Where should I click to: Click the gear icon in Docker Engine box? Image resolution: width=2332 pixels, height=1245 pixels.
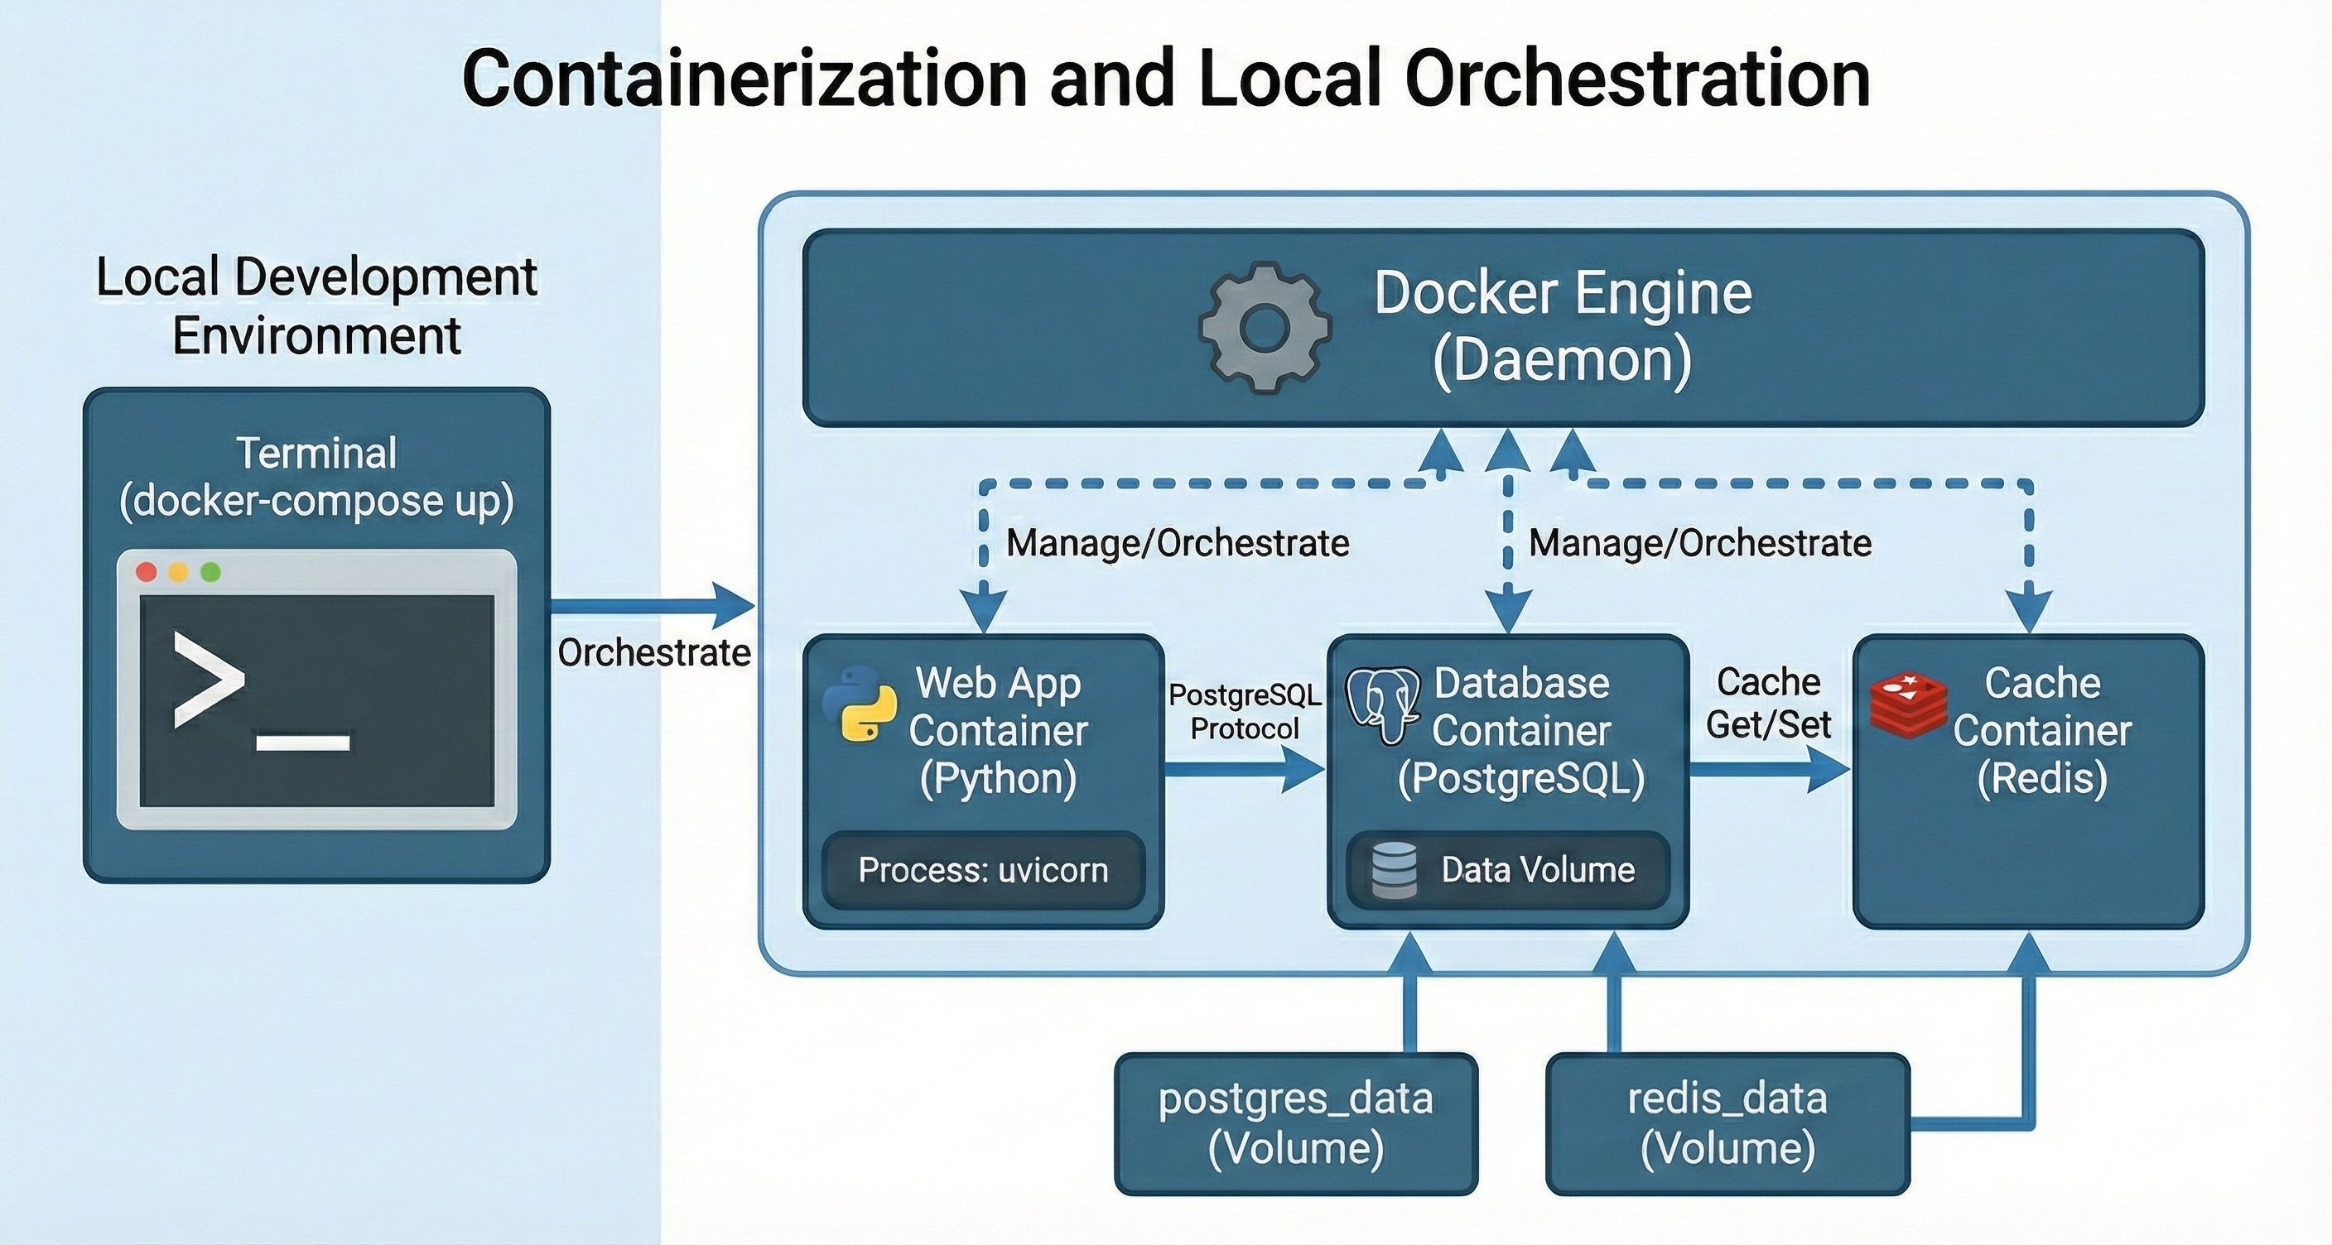tap(1265, 328)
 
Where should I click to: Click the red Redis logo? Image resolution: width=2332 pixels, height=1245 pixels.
tap(1908, 704)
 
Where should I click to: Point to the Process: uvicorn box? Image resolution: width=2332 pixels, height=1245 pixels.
tap(983, 869)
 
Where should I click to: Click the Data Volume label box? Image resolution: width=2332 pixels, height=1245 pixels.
tap(1508, 869)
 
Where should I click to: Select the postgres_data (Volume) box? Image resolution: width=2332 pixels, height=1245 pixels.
tap(1295, 1122)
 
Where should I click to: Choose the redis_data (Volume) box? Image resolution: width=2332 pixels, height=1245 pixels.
tap(1727, 1122)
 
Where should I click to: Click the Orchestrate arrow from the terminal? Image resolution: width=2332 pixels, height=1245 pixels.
tap(652, 604)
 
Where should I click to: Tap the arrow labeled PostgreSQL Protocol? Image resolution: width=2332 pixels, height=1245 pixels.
tap(1244, 770)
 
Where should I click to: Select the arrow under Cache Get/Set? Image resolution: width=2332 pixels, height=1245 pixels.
tap(1768, 770)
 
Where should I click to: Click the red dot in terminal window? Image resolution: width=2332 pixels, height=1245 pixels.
tap(147, 572)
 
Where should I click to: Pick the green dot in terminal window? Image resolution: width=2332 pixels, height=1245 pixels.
tap(210, 572)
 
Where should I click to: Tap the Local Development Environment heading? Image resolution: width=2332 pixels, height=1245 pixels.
tap(317, 305)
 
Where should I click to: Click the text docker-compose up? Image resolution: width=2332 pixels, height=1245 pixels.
tap(317, 500)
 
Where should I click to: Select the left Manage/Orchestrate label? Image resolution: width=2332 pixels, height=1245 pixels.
tap(1177, 543)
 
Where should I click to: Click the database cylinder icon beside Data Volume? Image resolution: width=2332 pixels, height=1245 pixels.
tap(1394, 869)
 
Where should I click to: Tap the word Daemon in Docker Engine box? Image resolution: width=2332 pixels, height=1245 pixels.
tap(1563, 360)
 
